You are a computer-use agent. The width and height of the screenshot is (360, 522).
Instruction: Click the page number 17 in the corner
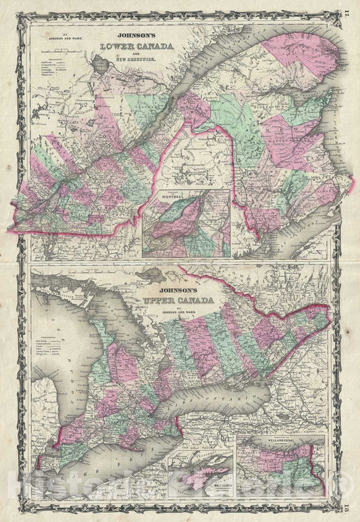(x=347, y=9)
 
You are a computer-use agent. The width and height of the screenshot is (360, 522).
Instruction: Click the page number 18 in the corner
(x=347, y=513)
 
